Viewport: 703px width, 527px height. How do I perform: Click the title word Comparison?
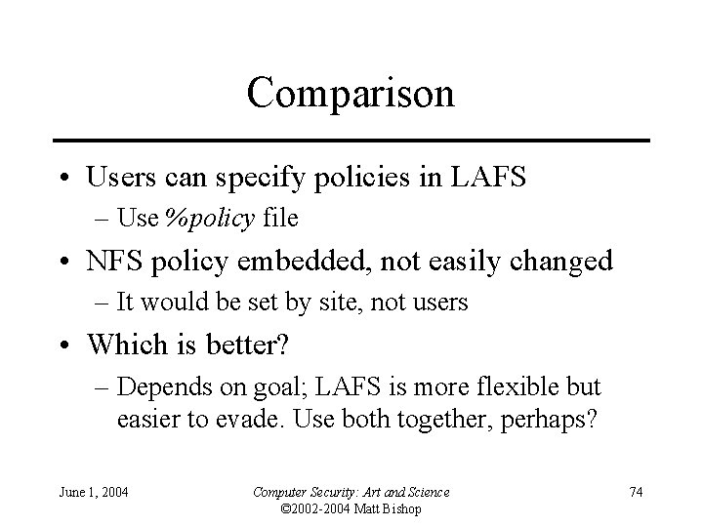point(351,95)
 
